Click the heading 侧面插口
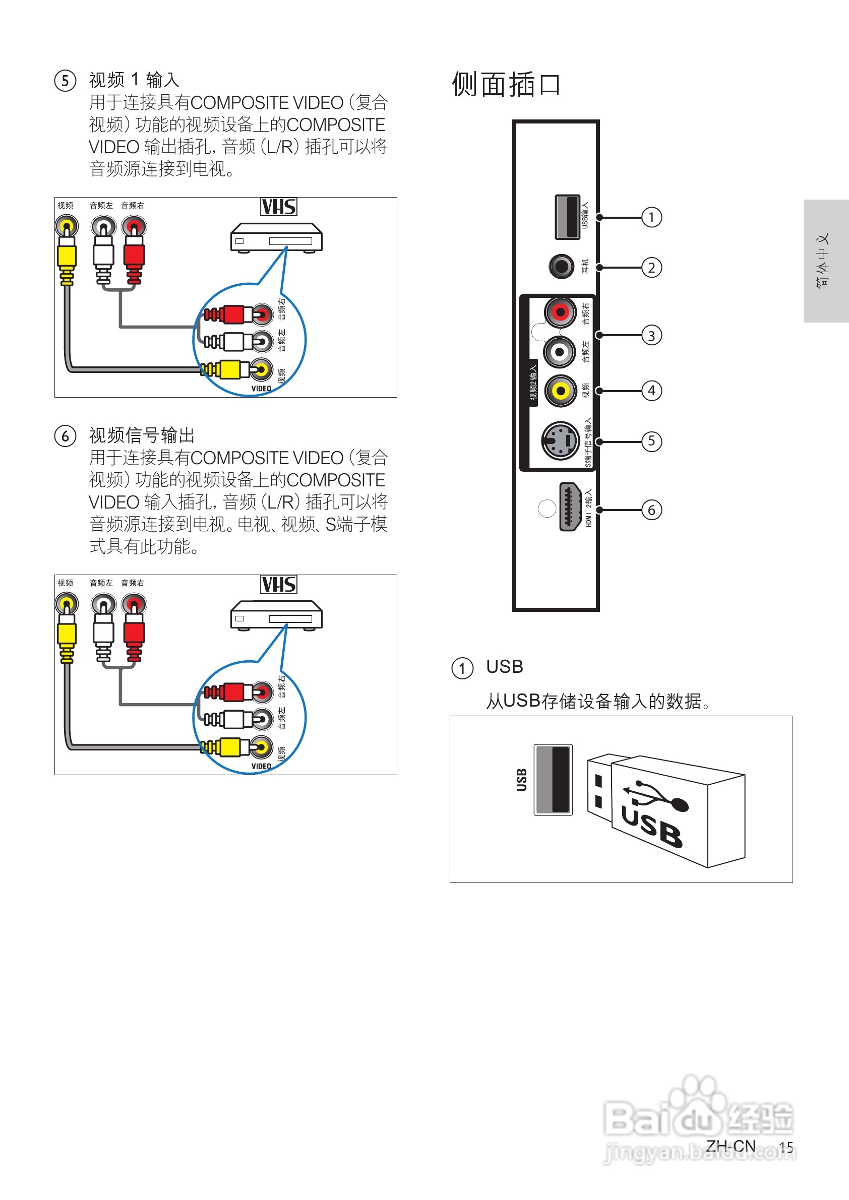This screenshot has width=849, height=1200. [506, 85]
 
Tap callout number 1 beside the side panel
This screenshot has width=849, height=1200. [651, 217]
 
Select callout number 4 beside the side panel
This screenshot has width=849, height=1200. [651, 391]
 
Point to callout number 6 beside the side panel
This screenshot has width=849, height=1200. [651, 510]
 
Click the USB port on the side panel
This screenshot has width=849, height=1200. [567, 217]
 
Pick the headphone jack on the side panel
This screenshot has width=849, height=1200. [561, 267]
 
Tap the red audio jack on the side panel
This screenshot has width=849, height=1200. [560, 312]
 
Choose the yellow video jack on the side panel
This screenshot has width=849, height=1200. [560, 391]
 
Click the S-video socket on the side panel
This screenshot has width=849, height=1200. [560, 441]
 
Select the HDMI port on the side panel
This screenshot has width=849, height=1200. [569, 507]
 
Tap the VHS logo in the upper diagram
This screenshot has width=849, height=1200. [279, 207]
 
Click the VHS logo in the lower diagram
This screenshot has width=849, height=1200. [279, 584]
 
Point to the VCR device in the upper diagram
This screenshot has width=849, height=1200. [276, 238]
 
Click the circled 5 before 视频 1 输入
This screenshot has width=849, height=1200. [66, 81]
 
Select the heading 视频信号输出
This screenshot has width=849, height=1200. [142, 435]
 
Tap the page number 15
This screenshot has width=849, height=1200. [786, 1147]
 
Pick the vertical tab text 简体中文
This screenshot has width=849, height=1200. [822, 261]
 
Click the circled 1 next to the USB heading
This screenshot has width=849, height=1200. [462, 668]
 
